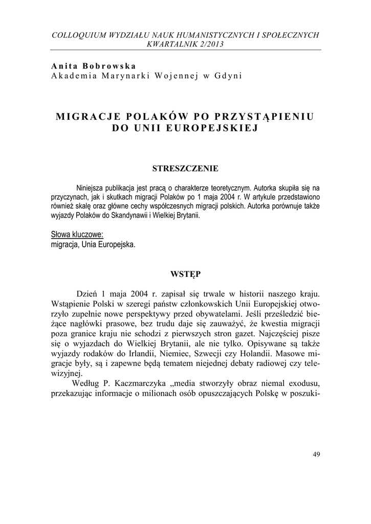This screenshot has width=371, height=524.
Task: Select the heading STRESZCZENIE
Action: (186, 168)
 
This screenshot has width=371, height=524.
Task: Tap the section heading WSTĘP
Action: (186, 274)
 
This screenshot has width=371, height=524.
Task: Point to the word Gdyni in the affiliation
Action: (229, 76)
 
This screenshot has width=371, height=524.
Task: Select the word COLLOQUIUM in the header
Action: (77, 35)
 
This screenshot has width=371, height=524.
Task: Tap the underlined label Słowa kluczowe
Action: (77, 234)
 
